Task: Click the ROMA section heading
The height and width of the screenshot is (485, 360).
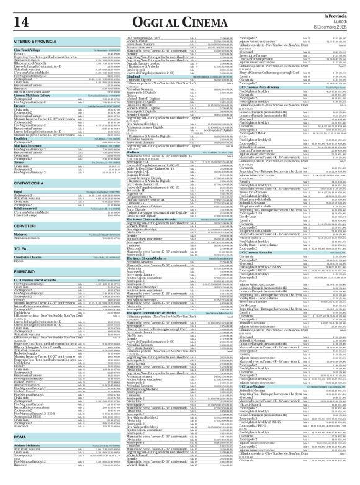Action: (x=20, y=437)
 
